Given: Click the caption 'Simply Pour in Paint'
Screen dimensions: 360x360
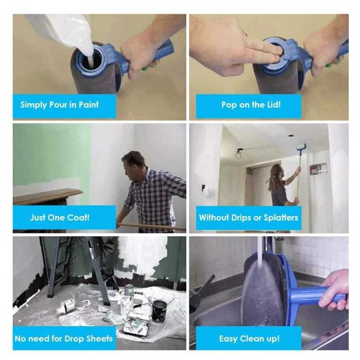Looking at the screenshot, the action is [x=59, y=105].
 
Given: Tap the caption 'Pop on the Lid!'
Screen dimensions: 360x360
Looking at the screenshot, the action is [x=251, y=105].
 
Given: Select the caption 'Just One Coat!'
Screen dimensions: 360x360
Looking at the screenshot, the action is [x=60, y=217].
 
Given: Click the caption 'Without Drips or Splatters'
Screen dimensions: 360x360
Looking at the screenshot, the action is [x=248, y=217].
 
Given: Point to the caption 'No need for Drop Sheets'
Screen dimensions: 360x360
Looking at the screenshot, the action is [x=63, y=338].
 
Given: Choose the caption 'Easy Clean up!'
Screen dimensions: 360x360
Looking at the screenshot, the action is [x=249, y=338].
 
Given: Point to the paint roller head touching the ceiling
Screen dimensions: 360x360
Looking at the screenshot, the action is [x=301, y=147].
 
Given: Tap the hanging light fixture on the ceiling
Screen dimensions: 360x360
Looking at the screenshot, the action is [x=238, y=153].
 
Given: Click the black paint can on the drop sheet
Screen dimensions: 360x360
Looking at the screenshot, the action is [x=160, y=311].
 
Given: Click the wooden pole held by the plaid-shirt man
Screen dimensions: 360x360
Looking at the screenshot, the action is [x=152, y=226].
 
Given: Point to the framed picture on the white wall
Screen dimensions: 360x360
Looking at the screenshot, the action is [x=318, y=169].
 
